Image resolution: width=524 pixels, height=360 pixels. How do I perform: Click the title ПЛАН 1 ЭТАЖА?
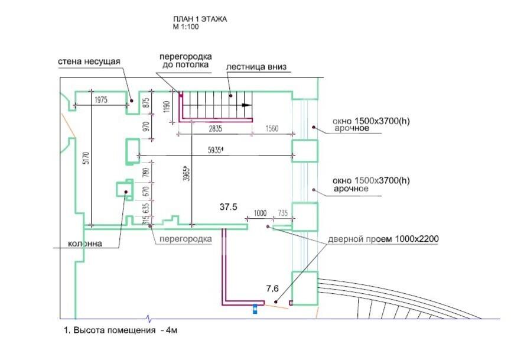coord(200,19)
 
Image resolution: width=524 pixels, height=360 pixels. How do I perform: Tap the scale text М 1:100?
coord(186,27)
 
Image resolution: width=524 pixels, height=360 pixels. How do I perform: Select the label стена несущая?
coord(89,61)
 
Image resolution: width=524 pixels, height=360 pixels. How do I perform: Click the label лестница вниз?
coord(256,67)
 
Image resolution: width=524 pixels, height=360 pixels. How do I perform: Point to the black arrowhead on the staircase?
coord(247,105)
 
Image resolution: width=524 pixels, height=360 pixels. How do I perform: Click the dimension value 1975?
coord(101,100)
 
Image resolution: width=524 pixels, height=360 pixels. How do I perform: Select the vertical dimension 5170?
coord(86,158)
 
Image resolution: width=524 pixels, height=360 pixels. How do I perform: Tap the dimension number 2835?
coord(215,128)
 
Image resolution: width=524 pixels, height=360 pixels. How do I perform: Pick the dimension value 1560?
coord(272,128)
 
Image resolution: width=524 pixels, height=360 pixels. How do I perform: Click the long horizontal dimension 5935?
coord(215,150)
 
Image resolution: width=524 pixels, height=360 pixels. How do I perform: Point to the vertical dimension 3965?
coord(187,174)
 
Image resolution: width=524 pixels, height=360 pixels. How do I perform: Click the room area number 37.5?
coord(229,207)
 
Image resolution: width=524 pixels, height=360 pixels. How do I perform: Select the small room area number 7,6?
coord(272,288)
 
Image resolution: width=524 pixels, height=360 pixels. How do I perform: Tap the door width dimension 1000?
coord(261,213)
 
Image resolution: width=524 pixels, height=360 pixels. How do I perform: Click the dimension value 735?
coord(283,213)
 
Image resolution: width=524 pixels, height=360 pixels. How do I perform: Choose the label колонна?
coord(85,244)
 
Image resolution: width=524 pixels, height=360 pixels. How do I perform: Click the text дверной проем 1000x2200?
coord(383,239)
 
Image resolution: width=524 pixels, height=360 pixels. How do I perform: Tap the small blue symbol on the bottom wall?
coord(255,309)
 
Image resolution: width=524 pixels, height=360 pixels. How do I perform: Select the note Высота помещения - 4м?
coord(121,330)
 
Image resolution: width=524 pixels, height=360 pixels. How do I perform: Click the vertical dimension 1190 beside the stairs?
coord(167,106)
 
